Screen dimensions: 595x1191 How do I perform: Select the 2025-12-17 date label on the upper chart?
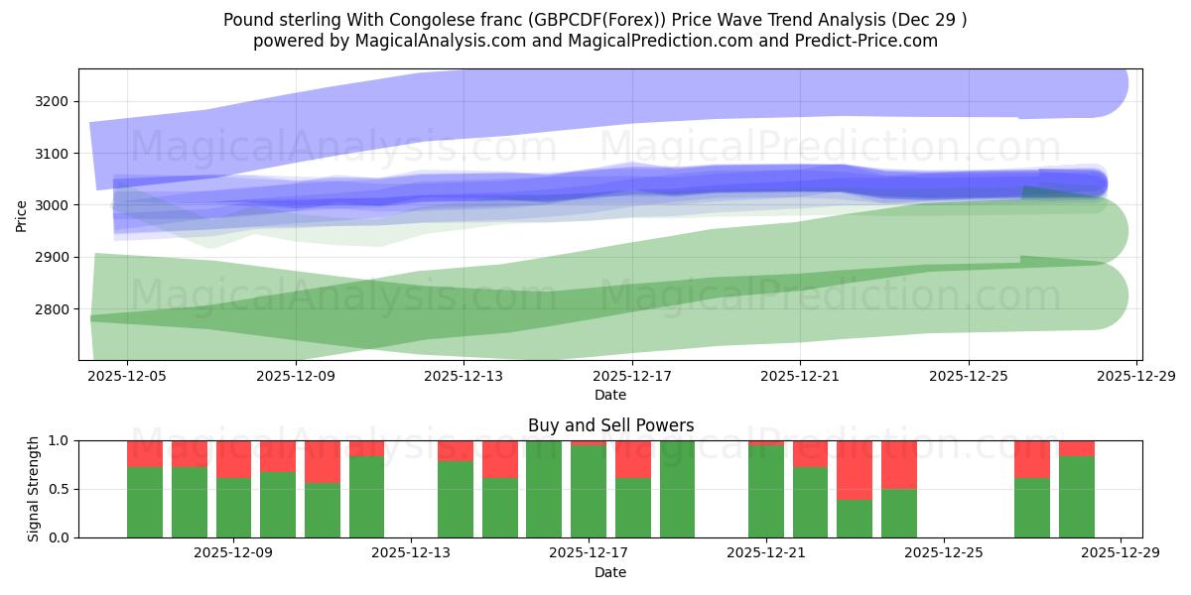point(632,376)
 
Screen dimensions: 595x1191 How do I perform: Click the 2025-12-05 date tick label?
point(127,376)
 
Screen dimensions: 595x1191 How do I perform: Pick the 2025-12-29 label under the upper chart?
point(1136,376)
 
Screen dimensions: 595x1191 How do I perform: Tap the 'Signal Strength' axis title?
point(34,488)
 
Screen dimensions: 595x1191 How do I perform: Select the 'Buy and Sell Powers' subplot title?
point(610,425)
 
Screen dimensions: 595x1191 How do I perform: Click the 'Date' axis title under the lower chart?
point(610,572)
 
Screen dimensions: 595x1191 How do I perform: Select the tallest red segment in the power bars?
point(855,470)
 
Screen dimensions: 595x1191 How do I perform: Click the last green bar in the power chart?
point(1077,497)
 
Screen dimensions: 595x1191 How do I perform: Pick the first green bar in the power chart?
point(145,502)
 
